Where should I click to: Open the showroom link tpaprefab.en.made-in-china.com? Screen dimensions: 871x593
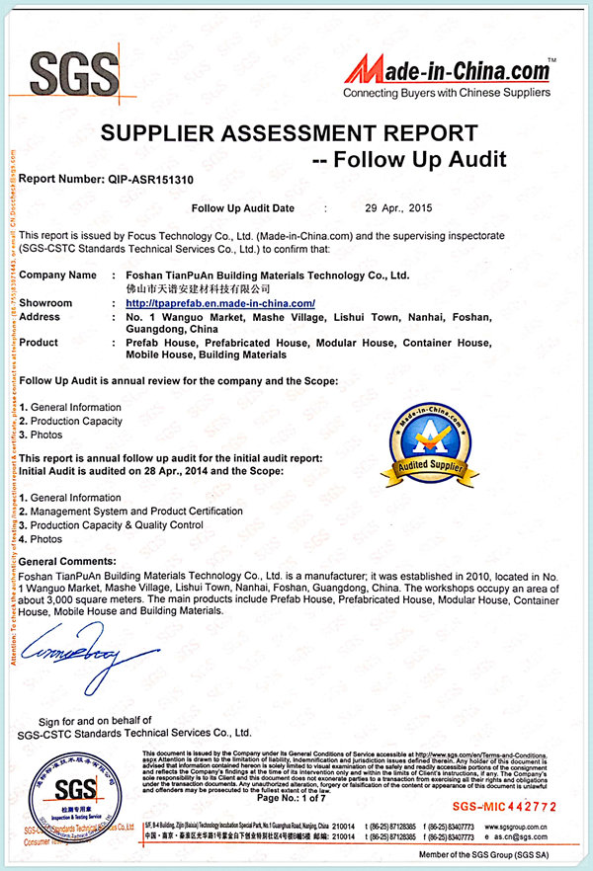(220, 303)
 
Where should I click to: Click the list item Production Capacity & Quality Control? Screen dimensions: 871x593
(122, 525)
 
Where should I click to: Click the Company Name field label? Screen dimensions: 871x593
(57, 275)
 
